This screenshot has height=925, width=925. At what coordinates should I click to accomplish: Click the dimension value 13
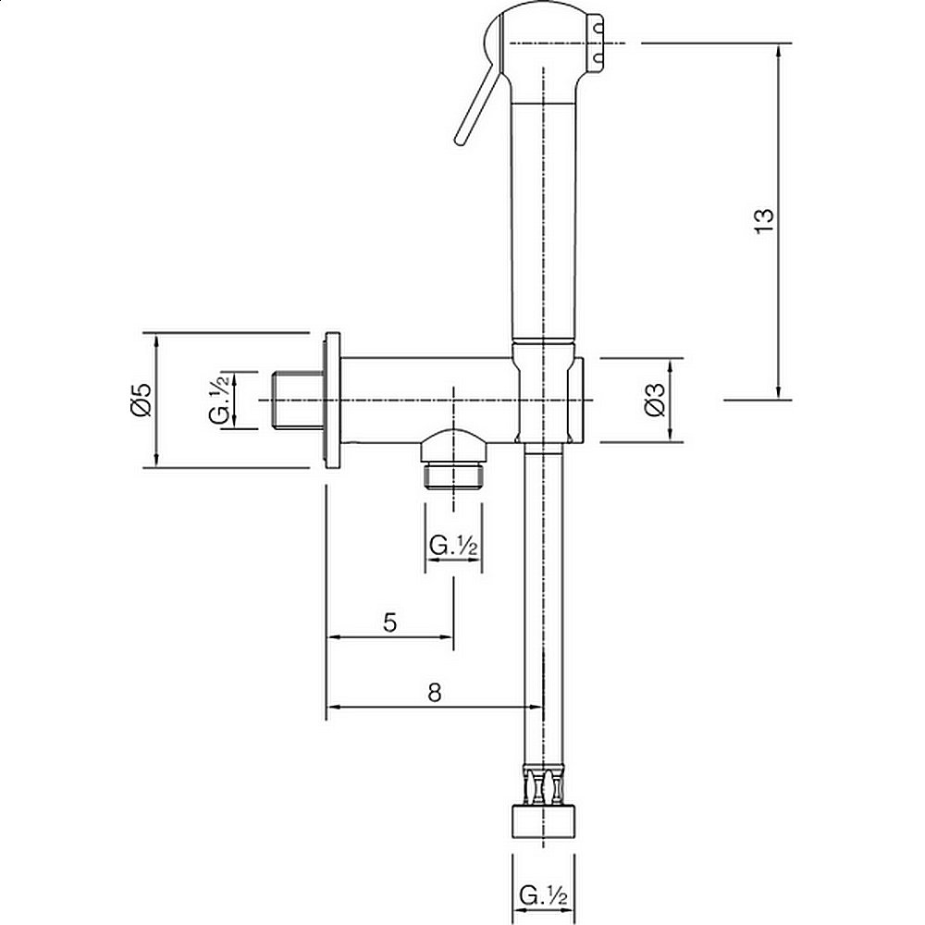point(764,220)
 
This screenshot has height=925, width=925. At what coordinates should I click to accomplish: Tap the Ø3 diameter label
point(655,400)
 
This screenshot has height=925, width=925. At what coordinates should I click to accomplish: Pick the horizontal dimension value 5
point(389,622)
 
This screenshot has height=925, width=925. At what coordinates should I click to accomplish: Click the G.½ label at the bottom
point(543,895)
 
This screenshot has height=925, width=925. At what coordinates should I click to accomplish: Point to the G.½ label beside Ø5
point(219,400)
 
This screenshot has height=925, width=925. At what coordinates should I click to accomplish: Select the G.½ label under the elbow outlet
point(453,545)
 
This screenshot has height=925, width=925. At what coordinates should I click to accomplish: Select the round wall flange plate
point(332,400)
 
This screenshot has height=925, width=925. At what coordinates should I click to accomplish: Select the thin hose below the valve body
point(535,601)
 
